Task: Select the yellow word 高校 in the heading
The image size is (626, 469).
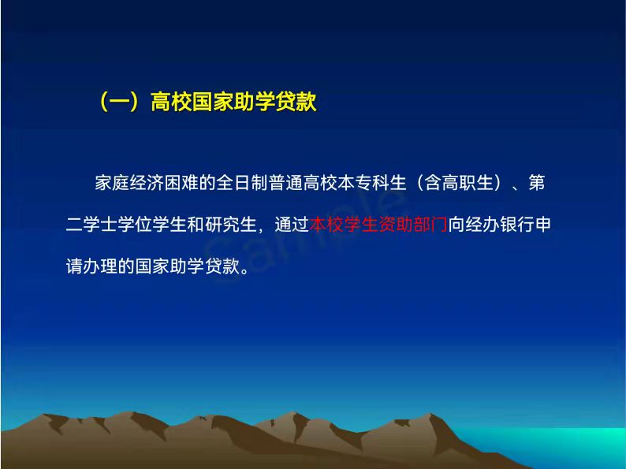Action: coord(171,102)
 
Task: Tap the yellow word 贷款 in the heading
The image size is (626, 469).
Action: coord(296,102)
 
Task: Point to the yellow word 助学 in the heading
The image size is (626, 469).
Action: coord(254,102)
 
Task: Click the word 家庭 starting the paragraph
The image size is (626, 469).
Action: coord(112,183)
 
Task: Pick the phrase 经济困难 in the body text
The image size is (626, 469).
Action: coord(164,183)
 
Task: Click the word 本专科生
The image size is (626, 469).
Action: coord(371,183)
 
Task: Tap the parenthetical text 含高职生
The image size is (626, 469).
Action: coord(458,183)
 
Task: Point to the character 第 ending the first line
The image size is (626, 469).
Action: coord(536,183)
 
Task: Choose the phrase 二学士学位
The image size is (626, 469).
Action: coord(109,225)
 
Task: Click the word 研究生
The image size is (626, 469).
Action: coord(230,225)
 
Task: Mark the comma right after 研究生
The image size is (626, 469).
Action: coord(260,229)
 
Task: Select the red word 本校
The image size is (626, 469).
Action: coord(326,225)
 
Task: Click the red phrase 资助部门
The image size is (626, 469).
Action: coord(412,225)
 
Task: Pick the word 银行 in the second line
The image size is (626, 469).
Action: coord(516,225)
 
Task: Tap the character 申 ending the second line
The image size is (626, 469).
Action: coord(542,225)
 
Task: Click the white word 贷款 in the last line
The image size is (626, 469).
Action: coord(222,266)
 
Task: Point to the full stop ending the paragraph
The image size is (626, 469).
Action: coord(244,270)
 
